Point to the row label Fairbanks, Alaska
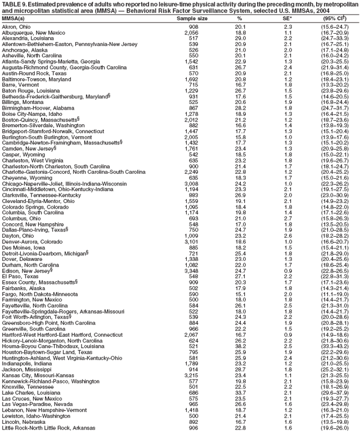tap(23, 290)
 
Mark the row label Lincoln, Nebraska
tap(21, 420)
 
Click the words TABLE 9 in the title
tap(15, 4)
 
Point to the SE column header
tap(288, 19)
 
